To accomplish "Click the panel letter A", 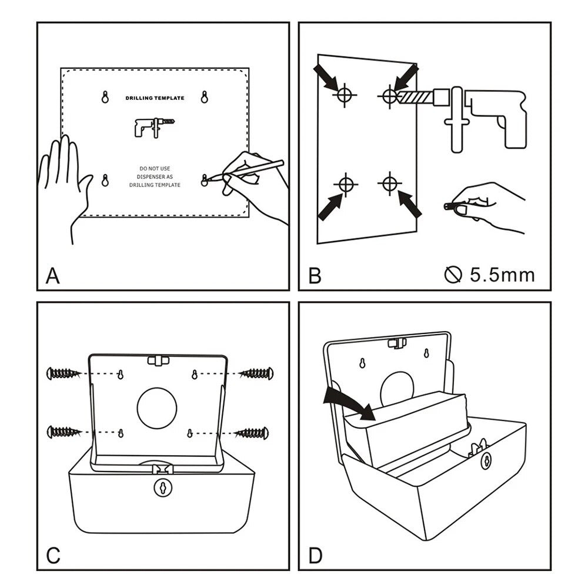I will (x=52, y=276).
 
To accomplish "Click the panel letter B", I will (x=315, y=276).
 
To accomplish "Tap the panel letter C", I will (x=53, y=556).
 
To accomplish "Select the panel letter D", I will (x=316, y=556).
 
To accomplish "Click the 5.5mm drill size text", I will (x=502, y=275).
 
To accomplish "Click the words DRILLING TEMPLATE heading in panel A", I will (x=155, y=98).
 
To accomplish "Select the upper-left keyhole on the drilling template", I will (x=105, y=97).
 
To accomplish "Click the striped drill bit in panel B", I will (x=415, y=95).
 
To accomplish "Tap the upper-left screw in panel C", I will (x=64, y=373).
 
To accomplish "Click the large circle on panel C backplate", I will (x=157, y=408).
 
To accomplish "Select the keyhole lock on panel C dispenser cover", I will (x=161, y=487).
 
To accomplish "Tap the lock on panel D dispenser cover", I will (x=486, y=461).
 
